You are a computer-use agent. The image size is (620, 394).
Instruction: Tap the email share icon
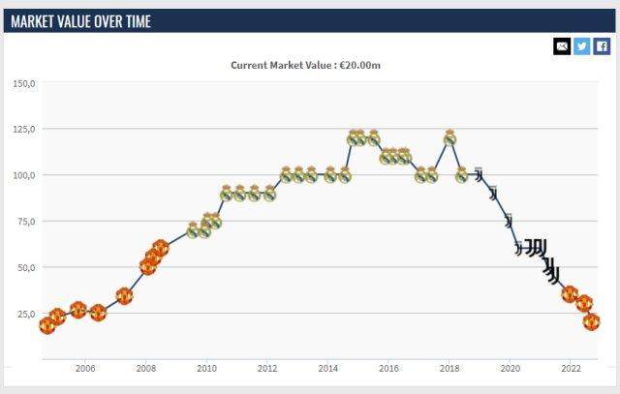coord(562,45)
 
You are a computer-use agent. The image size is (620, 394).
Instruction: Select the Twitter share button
coord(581,45)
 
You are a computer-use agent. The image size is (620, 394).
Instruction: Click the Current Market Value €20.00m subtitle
coord(312,66)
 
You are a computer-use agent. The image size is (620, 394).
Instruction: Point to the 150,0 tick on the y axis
coord(24,84)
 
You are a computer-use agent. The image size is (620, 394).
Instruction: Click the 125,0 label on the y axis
coord(24,130)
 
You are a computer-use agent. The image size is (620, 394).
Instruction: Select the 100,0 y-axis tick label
coord(24,176)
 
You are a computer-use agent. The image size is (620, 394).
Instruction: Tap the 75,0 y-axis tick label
coord(25,222)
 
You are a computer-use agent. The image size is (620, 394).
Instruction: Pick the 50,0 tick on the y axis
coord(25,268)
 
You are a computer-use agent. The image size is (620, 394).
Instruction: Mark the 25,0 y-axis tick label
coord(25,315)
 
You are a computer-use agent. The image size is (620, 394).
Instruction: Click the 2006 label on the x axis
coord(85,369)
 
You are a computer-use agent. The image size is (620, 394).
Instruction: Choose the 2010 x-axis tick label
coord(206,369)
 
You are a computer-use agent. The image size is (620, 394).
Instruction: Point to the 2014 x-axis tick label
coord(328,369)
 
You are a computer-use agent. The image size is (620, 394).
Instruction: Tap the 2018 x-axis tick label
coord(449,369)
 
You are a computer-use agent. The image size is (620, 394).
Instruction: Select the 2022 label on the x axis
coord(572,369)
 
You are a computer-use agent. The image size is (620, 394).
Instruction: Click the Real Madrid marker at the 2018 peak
coord(449,138)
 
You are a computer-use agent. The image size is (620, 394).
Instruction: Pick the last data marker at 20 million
coord(592,321)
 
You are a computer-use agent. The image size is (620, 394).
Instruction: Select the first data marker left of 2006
coord(46,324)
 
